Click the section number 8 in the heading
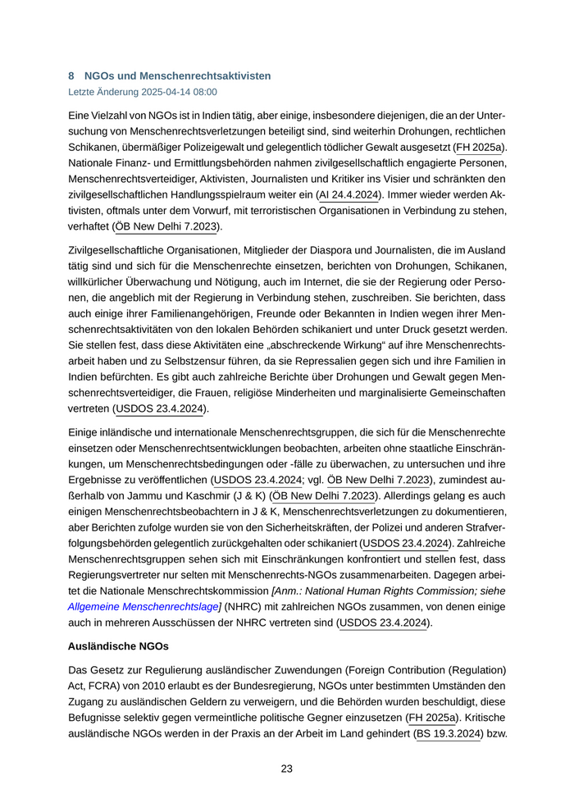(71, 75)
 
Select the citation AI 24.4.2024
(349, 194)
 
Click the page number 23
(286, 769)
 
